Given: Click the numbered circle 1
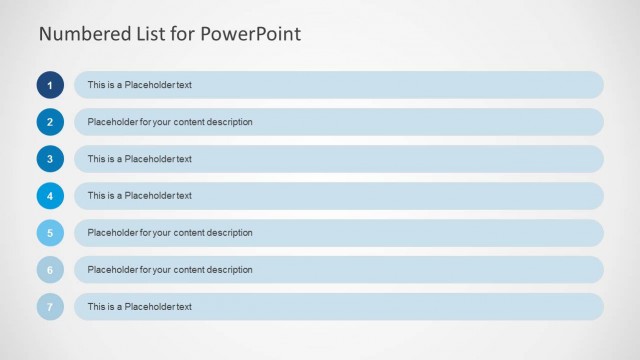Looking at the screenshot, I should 50,85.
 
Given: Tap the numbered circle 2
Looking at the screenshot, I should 50,122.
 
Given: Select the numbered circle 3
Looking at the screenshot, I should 50,159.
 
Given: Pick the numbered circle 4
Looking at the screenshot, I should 50,196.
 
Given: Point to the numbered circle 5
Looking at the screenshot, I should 50,233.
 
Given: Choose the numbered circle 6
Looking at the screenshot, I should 50,270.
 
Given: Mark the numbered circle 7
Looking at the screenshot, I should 50,307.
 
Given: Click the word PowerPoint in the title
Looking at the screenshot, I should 251,34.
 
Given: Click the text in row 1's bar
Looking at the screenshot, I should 139,85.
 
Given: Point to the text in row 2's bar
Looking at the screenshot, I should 170,122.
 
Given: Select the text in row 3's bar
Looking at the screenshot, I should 139,159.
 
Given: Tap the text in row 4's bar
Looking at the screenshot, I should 139,196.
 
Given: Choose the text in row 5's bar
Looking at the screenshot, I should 170,233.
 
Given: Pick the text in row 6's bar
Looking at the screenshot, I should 170,270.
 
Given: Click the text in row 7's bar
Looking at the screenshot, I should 139,307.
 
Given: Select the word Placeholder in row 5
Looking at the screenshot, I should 111,233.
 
